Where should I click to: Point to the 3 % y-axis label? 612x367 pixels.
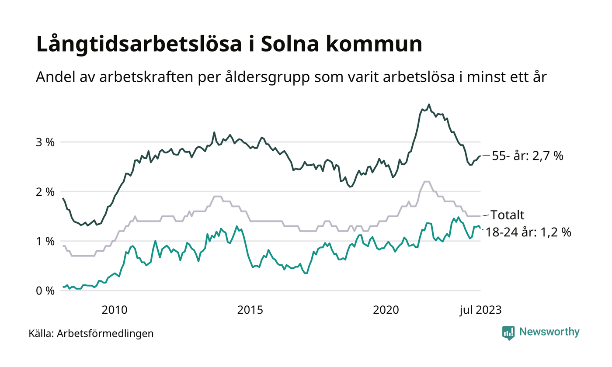[x=45, y=142]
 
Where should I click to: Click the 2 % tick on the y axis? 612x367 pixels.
[x=45, y=192]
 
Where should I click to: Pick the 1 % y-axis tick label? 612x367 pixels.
[x=45, y=241]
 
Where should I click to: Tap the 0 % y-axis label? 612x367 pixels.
[x=45, y=291]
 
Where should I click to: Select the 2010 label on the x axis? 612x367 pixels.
[x=114, y=310]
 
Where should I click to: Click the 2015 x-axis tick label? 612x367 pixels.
[x=250, y=310]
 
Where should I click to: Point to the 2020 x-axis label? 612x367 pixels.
[x=386, y=310]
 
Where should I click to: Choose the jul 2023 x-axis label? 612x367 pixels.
[x=480, y=310]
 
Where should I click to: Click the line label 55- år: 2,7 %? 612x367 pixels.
[x=528, y=156]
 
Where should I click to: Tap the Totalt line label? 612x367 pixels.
[x=507, y=215]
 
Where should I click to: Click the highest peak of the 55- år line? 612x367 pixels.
[x=429, y=104]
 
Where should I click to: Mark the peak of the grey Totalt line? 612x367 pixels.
[x=426, y=181]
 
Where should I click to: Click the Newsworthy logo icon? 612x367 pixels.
[x=508, y=332]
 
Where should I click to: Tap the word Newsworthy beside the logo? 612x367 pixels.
[x=549, y=332]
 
